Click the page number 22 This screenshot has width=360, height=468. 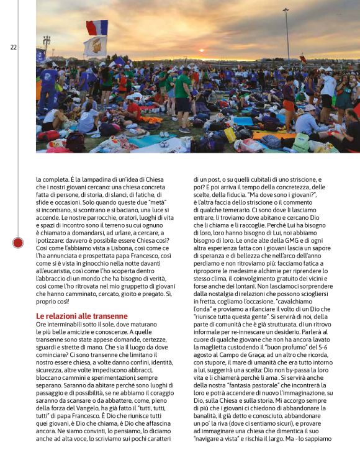[x=13, y=47]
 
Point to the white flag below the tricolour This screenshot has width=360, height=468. [x=95, y=46]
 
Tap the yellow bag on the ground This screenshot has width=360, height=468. [x=230, y=134]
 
